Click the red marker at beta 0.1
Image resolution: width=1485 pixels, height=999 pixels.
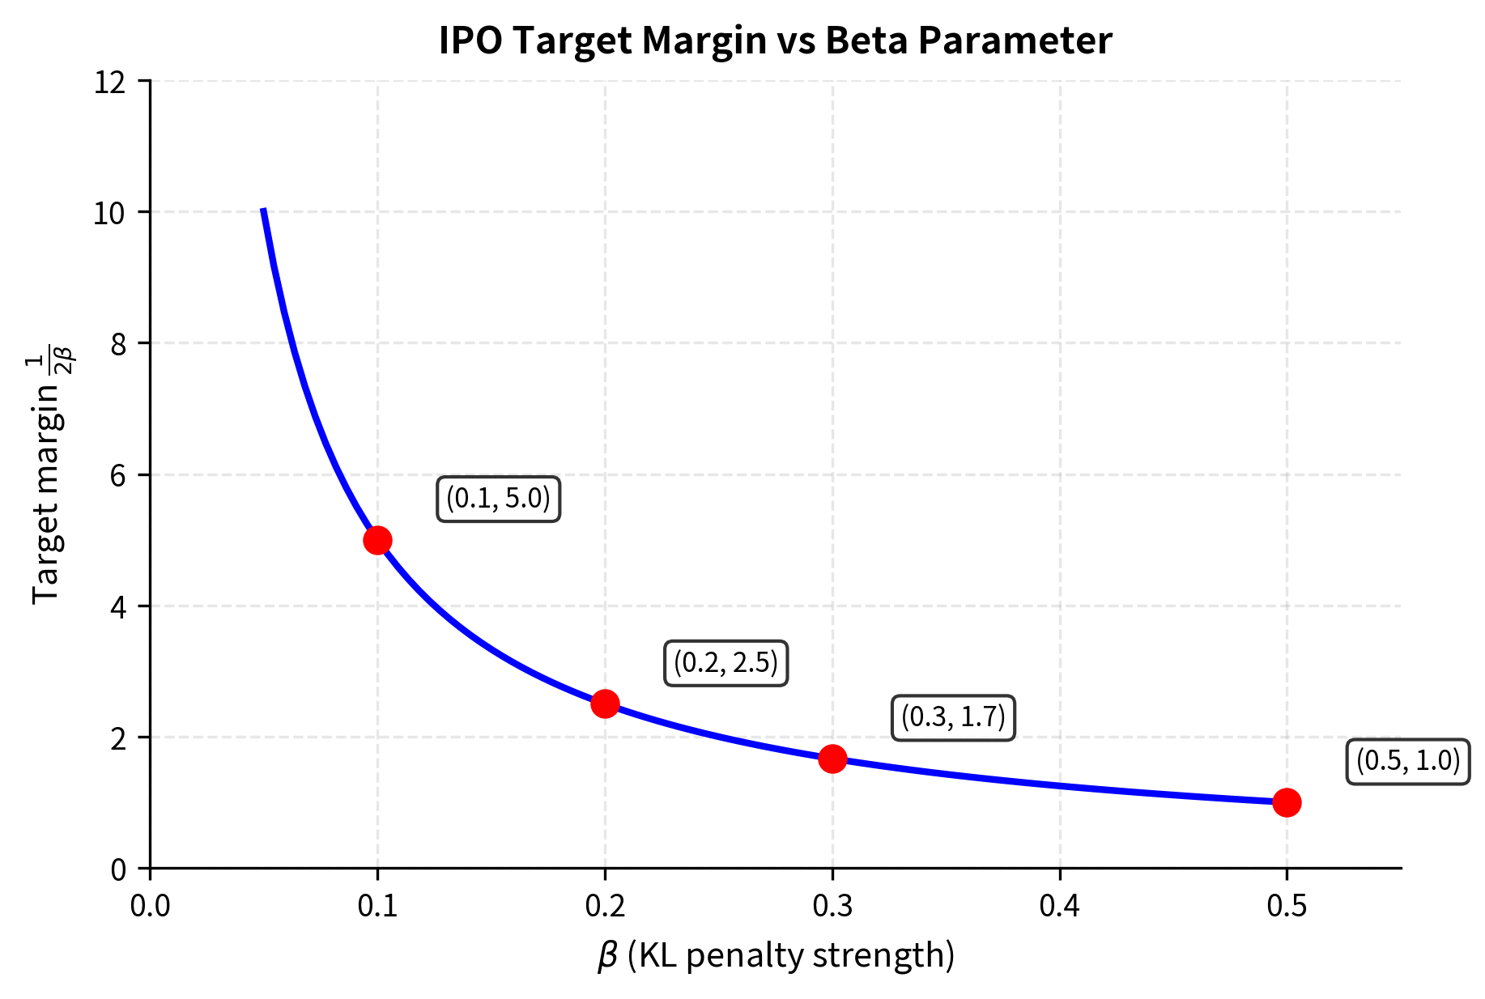(x=377, y=540)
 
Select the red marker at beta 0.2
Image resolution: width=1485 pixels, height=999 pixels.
(x=605, y=704)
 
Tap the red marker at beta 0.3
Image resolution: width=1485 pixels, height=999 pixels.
(x=832, y=759)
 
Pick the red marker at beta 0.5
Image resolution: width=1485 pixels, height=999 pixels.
(x=1287, y=802)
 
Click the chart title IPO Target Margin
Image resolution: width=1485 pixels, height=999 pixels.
(x=775, y=40)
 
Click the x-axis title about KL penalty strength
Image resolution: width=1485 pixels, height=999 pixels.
(x=776, y=955)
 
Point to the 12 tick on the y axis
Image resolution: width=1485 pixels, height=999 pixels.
(x=110, y=82)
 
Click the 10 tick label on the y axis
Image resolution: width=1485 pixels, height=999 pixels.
(x=110, y=213)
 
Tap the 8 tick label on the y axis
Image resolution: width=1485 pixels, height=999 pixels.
(x=118, y=344)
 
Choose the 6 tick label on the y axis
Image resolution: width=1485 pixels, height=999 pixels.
(x=118, y=475)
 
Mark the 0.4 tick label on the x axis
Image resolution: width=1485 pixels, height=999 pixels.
(x=1059, y=906)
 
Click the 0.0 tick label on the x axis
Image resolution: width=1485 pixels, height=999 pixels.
(x=150, y=906)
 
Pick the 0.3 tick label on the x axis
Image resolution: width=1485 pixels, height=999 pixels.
(x=832, y=906)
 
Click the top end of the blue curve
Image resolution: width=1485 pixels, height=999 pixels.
(x=264, y=211)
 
